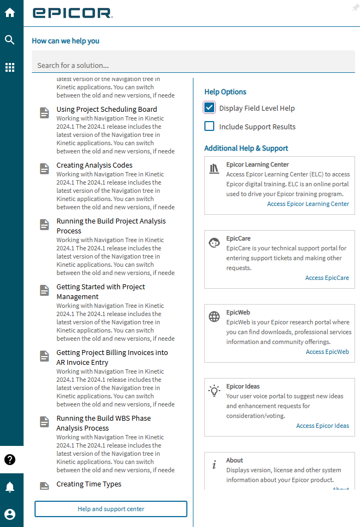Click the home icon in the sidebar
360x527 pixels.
(x=10, y=13)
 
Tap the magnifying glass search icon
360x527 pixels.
(x=10, y=40)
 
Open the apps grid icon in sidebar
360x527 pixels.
(x=10, y=67)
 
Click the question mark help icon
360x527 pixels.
(x=10, y=460)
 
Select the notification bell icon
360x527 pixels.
(x=10, y=487)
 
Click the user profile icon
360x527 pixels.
(x=10, y=514)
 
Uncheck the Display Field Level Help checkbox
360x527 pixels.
(x=209, y=108)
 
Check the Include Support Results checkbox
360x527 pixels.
(x=209, y=127)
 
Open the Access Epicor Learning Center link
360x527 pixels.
(x=308, y=204)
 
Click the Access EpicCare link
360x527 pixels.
(x=327, y=278)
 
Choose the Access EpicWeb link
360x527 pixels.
(x=327, y=352)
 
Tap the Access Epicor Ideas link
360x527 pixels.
(x=322, y=426)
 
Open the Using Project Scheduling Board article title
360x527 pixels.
(x=106, y=110)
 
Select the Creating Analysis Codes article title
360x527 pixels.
(x=94, y=165)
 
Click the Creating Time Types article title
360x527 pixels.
(x=89, y=484)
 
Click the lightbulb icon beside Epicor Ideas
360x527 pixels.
(x=214, y=391)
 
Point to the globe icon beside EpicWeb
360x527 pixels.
(x=214, y=317)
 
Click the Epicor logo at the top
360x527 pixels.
(x=72, y=13)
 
